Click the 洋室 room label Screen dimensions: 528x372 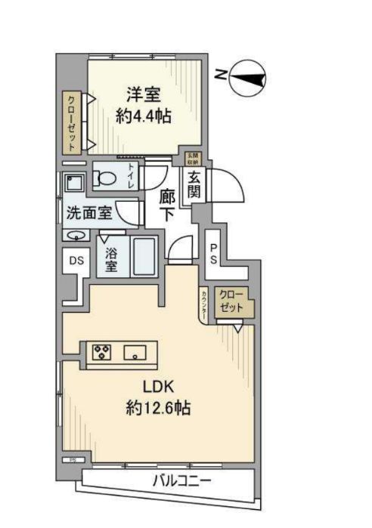143,96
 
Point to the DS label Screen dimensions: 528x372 76,261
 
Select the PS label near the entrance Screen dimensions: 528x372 214,252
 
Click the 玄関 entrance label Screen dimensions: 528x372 194,186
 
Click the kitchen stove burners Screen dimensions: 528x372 101,351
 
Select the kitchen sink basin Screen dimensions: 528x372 136,351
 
